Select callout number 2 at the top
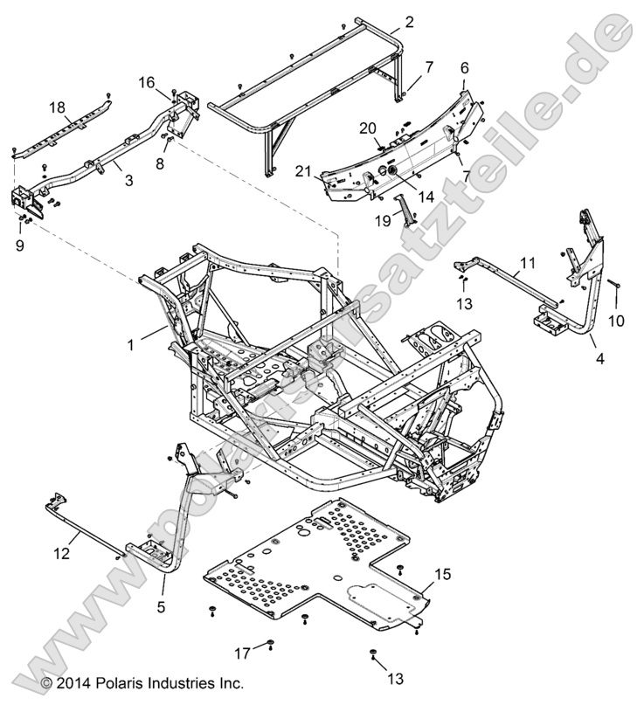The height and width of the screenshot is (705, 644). point(385,20)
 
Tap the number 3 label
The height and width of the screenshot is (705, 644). point(128,181)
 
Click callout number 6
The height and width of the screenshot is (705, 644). point(464,66)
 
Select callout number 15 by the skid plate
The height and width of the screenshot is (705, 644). point(442,574)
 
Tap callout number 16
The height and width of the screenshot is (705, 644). point(146,83)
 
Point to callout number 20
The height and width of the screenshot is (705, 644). point(369,128)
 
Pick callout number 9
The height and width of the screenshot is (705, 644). point(19,245)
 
